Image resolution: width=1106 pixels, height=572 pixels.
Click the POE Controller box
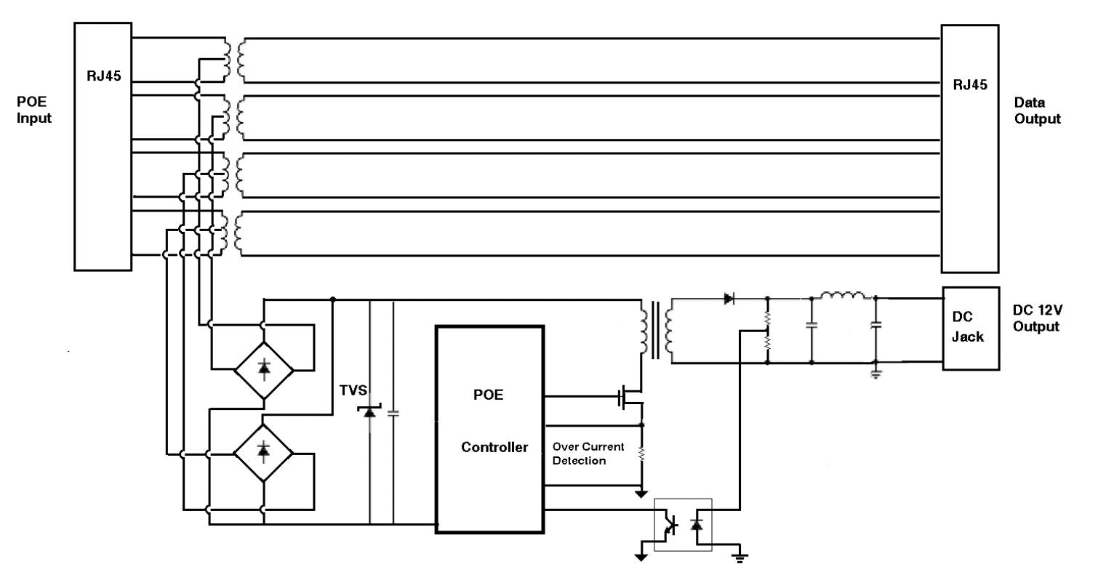click(x=489, y=429)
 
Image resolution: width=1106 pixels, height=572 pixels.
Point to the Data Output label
click(x=1038, y=111)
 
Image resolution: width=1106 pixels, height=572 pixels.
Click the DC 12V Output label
click(x=1037, y=318)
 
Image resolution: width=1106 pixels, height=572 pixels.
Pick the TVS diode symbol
click(x=369, y=411)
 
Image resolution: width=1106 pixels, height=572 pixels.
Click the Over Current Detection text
click(x=588, y=454)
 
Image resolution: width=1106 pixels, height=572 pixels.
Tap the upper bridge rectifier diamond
click(x=264, y=368)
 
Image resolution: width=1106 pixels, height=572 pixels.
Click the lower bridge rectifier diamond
click(x=263, y=451)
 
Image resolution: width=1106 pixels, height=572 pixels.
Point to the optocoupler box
click(x=683, y=523)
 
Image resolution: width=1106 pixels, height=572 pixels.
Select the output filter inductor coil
click(x=843, y=296)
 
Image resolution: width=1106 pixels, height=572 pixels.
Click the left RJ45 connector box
click(x=103, y=146)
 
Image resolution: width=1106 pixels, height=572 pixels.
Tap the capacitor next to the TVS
click(x=393, y=413)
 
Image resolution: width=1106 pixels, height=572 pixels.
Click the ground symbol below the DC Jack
click(x=875, y=374)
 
